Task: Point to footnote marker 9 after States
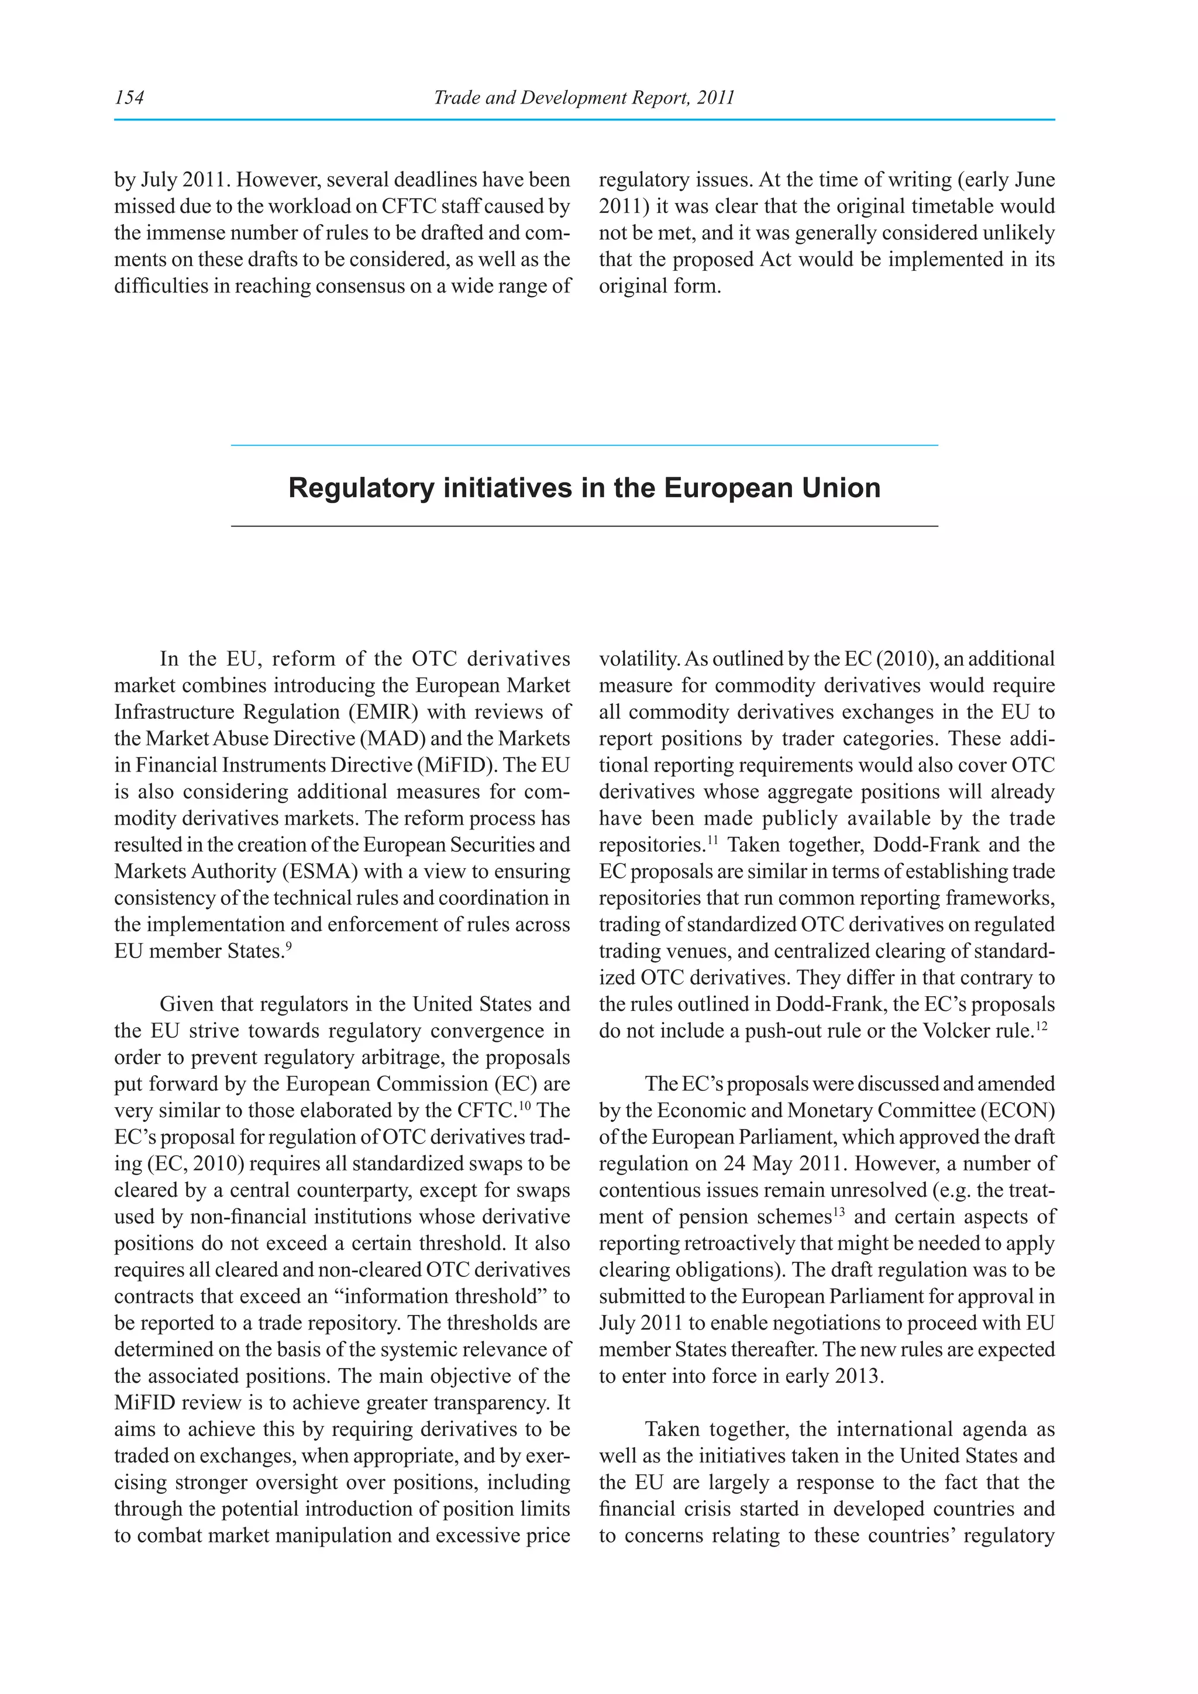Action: (x=288, y=946)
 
